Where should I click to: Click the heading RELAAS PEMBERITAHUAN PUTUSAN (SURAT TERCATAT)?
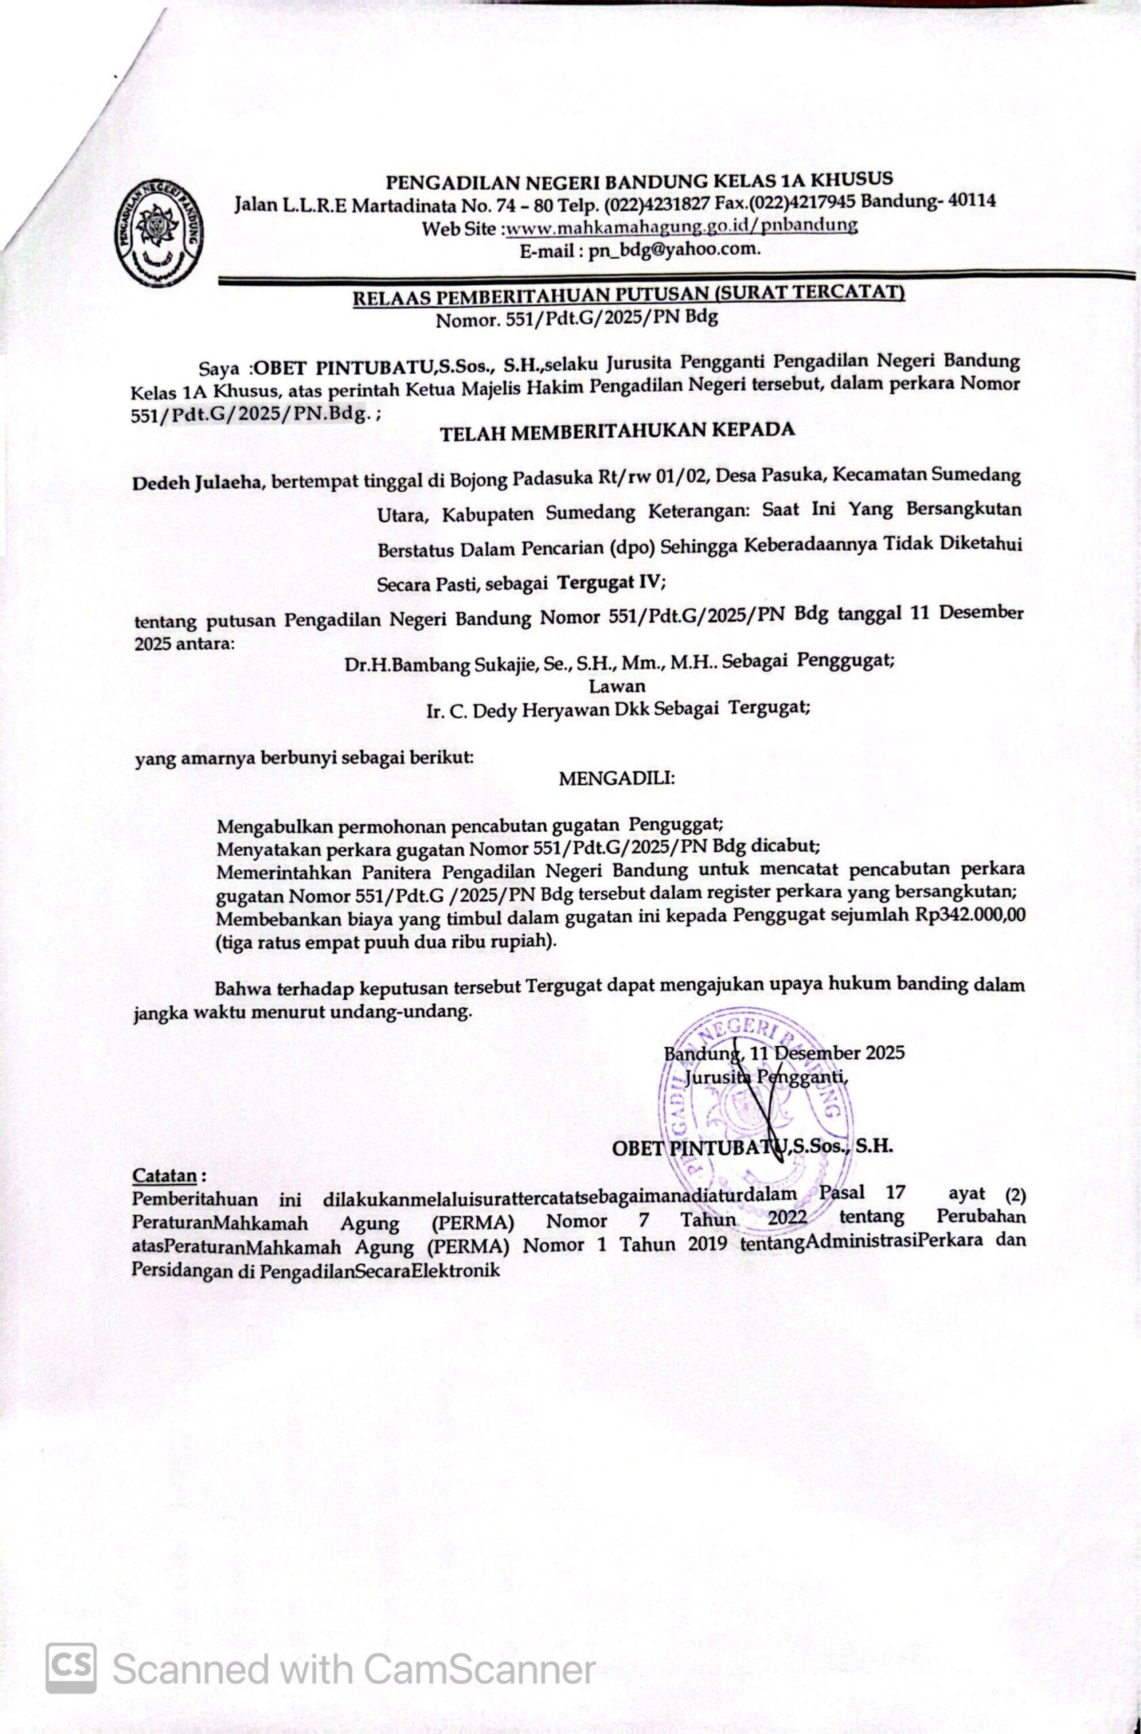coord(628,295)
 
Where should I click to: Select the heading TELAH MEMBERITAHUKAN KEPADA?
coord(617,431)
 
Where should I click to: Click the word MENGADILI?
coord(617,778)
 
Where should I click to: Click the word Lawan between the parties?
coord(617,685)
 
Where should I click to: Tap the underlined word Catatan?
coord(164,1175)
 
